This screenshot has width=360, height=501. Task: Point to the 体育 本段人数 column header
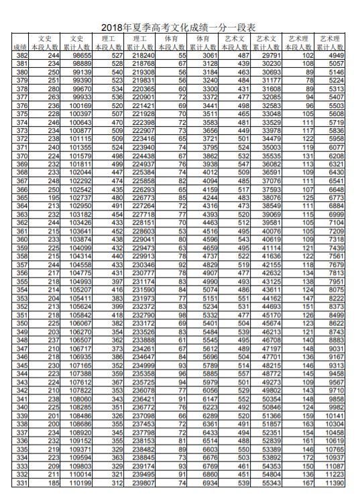tap(173, 43)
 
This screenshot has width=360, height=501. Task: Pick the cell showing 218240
tap(143, 54)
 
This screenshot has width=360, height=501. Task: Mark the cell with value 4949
tap(335, 54)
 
